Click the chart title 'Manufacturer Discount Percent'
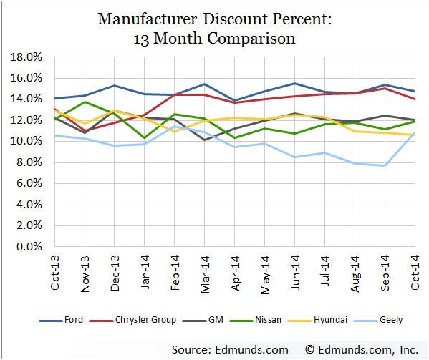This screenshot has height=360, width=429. (x=214, y=19)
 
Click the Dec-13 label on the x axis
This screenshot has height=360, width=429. (x=115, y=272)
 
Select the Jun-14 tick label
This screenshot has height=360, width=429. (x=294, y=272)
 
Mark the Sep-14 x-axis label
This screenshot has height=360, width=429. (x=385, y=272)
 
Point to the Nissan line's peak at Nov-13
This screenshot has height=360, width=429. (x=85, y=102)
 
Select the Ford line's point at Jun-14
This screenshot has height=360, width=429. (x=294, y=83)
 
